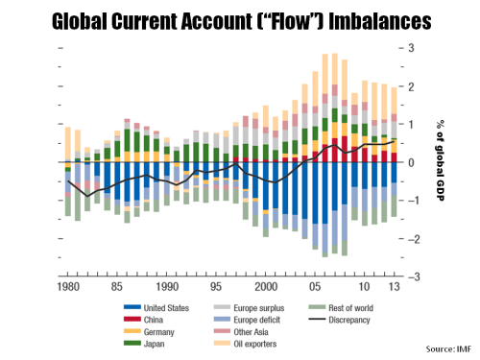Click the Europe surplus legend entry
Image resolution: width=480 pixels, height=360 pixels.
pyautogui.click(x=252, y=307)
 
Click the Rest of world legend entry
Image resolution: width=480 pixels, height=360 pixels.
pyautogui.click(x=341, y=307)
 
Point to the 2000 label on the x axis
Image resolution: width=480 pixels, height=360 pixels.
pyautogui.click(x=266, y=287)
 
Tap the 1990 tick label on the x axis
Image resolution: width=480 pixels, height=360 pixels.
pyautogui.click(x=168, y=287)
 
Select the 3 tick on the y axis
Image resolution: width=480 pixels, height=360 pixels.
pyautogui.click(x=412, y=48)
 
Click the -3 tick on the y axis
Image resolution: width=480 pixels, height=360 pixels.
pyautogui.click(x=410, y=276)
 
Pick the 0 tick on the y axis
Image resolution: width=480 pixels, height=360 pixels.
pyautogui.click(x=412, y=162)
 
